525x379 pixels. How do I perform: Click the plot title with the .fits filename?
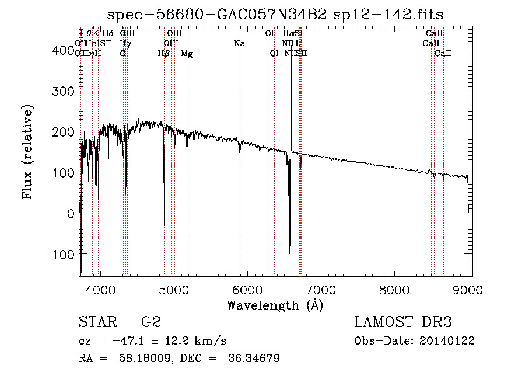click(276, 15)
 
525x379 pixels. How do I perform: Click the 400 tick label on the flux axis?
click(62, 51)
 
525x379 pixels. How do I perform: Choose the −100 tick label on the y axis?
click(58, 255)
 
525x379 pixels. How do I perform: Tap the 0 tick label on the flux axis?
click(71, 214)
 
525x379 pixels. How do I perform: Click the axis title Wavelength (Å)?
click(275, 304)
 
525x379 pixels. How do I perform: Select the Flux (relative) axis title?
click(27, 152)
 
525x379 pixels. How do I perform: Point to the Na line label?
click(239, 43)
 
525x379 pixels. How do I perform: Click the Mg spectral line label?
click(187, 54)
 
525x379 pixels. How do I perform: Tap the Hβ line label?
click(164, 54)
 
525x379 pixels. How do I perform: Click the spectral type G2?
click(151, 322)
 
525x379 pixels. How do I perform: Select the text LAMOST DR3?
click(402, 322)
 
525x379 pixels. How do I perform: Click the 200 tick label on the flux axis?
click(62, 132)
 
